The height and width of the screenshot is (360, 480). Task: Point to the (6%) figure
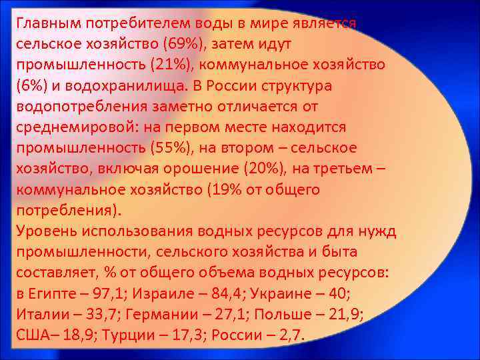click(x=31, y=86)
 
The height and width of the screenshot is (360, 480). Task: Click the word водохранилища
click(x=127, y=86)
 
